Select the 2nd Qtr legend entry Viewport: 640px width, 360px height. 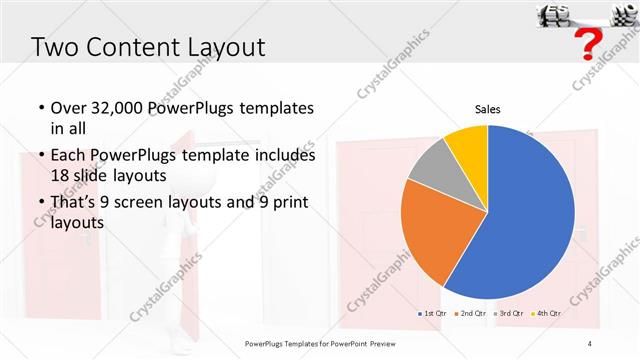point(472,314)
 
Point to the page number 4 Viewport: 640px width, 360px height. point(590,345)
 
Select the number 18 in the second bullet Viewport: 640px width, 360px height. point(62,174)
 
